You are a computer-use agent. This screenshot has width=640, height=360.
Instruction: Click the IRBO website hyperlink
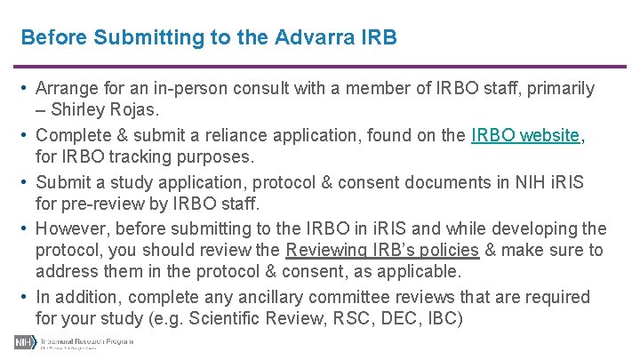point(525,136)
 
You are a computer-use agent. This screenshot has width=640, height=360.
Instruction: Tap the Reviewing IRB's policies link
point(382,251)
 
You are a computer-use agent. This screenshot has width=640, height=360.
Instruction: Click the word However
point(72,228)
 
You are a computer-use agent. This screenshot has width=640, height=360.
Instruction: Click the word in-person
point(196,89)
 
